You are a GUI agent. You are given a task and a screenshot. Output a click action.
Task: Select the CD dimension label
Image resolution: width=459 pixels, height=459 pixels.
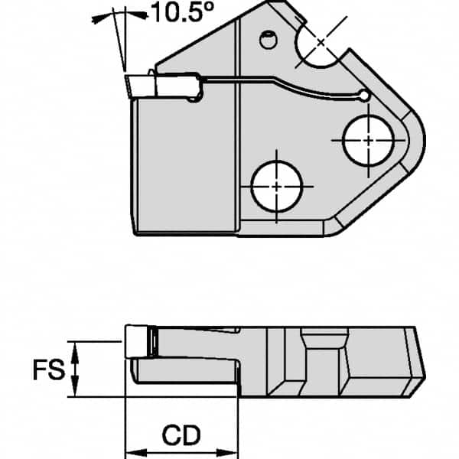coord(181,436)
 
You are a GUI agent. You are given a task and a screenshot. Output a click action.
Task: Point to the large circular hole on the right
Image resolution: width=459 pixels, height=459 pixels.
coord(368,140)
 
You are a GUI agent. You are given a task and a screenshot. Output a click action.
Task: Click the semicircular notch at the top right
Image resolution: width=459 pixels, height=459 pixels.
coord(321,46)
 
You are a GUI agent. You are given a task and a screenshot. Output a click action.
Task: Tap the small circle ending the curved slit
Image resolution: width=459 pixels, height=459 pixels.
coord(363,96)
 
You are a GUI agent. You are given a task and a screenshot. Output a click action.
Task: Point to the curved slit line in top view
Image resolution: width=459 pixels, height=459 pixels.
coord(291,84)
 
